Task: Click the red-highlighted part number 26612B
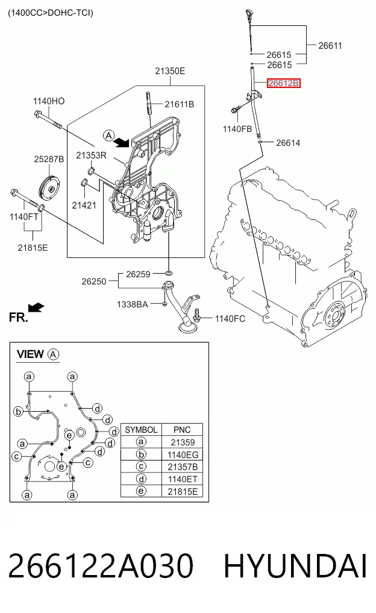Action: pyautogui.click(x=284, y=83)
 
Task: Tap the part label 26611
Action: pyautogui.click(x=330, y=46)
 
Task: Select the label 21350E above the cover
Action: pyautogui.click(x=170, y=71)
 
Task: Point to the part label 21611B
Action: pyautogui.click(x=180, y=104)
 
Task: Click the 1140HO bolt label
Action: pyautogui.click(x=49, y=101)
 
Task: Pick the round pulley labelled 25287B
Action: pyautogui.click(x=49, y=189)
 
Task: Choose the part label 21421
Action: pyautogui.click(x=84, y=206)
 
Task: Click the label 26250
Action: pyautogui.click(x=94, y=281)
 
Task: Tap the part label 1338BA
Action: pyautogui.click(x=133, y=304)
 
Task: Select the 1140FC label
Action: pyautogui.click(x=230, y=319)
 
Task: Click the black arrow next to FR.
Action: pyautogui.click(x=37, y=307)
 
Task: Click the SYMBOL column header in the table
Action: pyautogui.click(x=141, y=430)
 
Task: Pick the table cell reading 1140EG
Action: pyautogui.click(x=183, y=454)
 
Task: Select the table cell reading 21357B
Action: pyautogui.click(x=183, y=467)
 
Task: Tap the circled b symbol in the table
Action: pyautogui.click(x=141, y=454)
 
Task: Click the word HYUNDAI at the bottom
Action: pyautogui.click(x=295, y=566)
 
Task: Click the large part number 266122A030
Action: pyautogui.click(x=101, y=566)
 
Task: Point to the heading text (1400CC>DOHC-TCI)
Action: pyautogui.click(x=51, y=13)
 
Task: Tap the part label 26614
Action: pyautogui.click(x=288, y=143)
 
